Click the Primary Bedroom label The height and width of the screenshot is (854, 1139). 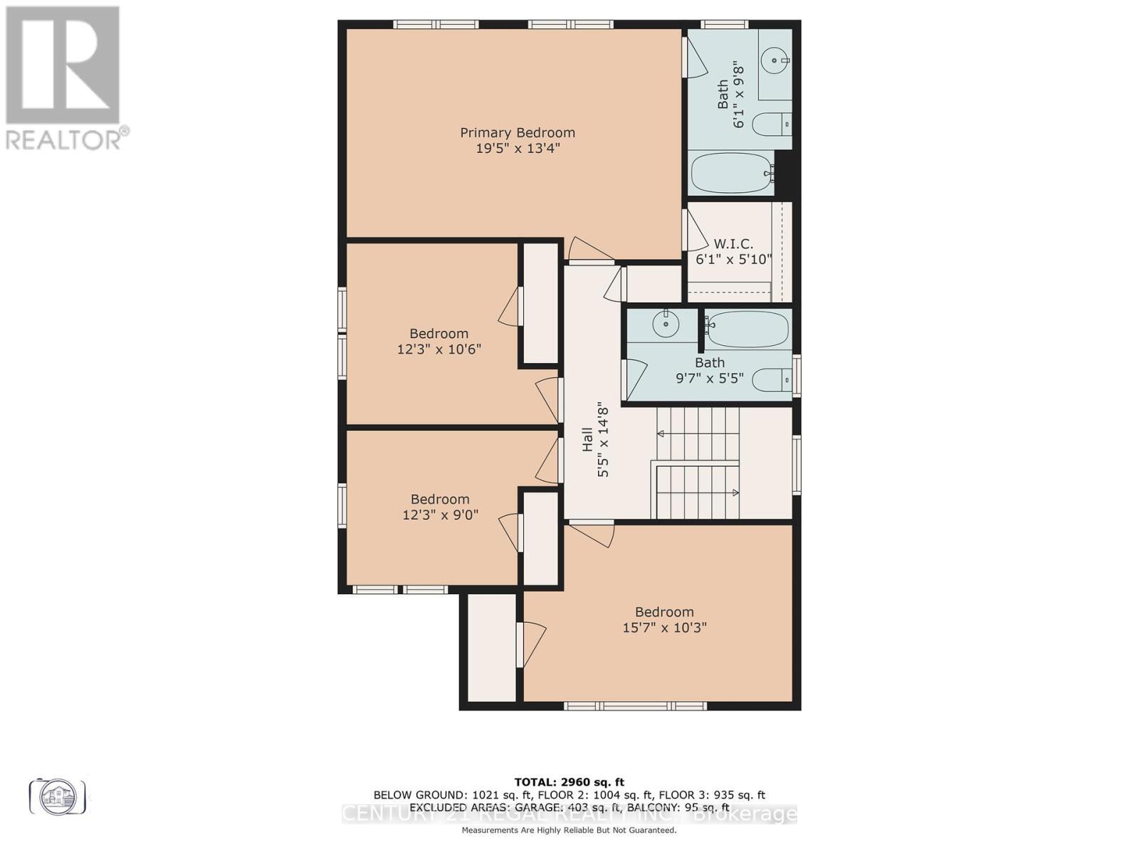point(518,132)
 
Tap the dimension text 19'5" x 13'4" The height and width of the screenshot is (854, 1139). point(518,149)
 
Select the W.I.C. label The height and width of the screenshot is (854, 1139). point(733,244)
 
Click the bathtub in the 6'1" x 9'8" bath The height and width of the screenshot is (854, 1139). point(732,173)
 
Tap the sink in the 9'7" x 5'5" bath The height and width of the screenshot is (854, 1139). point(666,325)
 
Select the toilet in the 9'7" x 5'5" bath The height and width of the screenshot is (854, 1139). point(772,379)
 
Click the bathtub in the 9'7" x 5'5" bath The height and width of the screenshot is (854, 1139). point(747,328)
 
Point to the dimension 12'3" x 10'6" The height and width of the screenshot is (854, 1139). point(439,349)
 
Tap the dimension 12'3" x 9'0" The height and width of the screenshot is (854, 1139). point(440,515)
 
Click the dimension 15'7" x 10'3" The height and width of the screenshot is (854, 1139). point(664,628)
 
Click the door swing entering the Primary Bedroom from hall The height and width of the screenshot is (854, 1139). point(591,250)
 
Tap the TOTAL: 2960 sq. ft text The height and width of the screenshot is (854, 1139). point(569,782)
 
